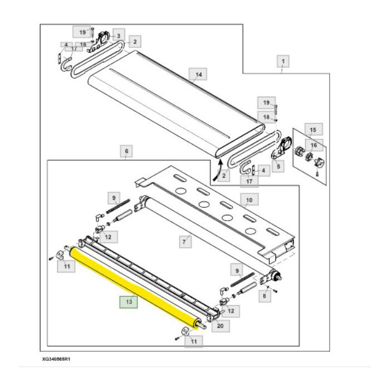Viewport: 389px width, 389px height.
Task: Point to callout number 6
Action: pos(126,151)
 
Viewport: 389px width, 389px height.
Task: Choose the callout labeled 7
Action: pos(184,241)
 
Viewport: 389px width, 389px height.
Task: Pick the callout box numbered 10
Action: pos(248,199)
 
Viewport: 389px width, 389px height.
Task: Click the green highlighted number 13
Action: pos(128,302)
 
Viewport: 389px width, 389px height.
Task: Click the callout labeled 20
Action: pos(221,326)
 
